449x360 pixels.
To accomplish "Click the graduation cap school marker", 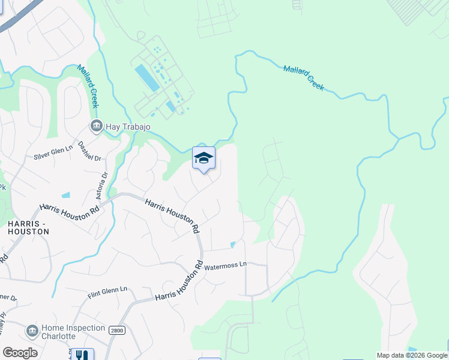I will coord(203,158).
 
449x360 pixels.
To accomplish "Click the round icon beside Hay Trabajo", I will coord(95,126).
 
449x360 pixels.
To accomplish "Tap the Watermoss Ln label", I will coord(225,265).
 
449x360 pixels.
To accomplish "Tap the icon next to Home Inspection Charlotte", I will coord(32,331).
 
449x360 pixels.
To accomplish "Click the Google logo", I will coord(20,353).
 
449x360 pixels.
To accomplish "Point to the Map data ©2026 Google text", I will coord(411,355).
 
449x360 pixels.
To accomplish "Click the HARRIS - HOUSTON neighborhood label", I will coord(25,229).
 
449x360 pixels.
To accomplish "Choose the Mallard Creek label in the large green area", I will coord(303,77).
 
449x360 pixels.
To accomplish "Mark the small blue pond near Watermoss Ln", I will coord(233,244).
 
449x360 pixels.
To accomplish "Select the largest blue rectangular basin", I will coord(147,77).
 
